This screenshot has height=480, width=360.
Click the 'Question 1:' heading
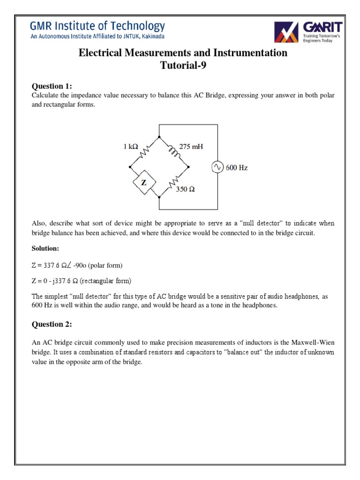coord(52,86)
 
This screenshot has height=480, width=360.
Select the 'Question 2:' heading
coord(52,324)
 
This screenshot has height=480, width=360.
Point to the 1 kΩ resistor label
coord(131,147)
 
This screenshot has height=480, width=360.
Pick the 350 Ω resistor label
coord(185,189)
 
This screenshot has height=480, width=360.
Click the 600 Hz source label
coord(237,168)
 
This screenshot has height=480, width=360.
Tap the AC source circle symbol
coord(217,167)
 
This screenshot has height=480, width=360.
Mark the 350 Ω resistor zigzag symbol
coord(174,182)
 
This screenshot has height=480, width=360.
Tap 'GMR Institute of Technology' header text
coord(98,26)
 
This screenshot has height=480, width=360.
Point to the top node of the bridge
coord(159,137)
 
